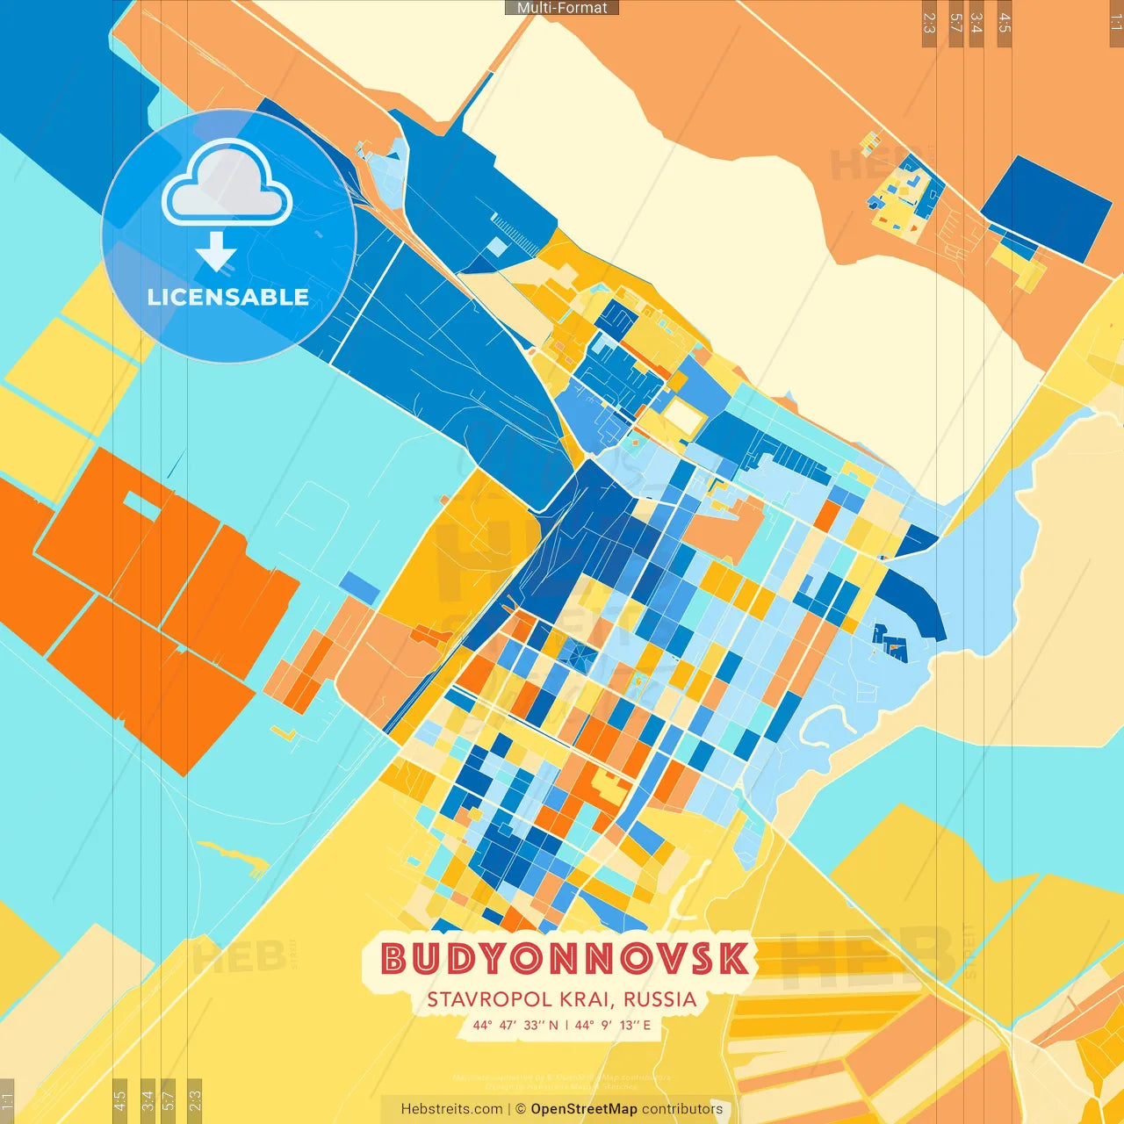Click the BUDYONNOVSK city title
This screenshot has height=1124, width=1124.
coord(566,958)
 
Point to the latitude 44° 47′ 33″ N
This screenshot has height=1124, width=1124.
coord(515,1025)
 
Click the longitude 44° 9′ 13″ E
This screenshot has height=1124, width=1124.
coord(613,1025)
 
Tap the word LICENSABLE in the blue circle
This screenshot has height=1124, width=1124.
coord(228,297)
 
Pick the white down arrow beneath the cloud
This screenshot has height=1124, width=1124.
coord(216,252)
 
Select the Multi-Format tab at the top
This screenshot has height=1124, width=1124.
coord(562,8)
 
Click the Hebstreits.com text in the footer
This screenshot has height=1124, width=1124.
coord(451,1109)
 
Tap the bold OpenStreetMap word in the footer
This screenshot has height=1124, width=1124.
coord(584,1109)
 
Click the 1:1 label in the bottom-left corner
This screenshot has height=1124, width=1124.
coord(7,1099)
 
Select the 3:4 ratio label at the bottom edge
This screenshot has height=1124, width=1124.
coord(148,1099)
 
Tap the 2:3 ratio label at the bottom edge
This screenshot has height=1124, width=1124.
coord(195,1099)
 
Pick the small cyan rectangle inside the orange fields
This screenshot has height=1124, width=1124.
coord(141,505)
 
